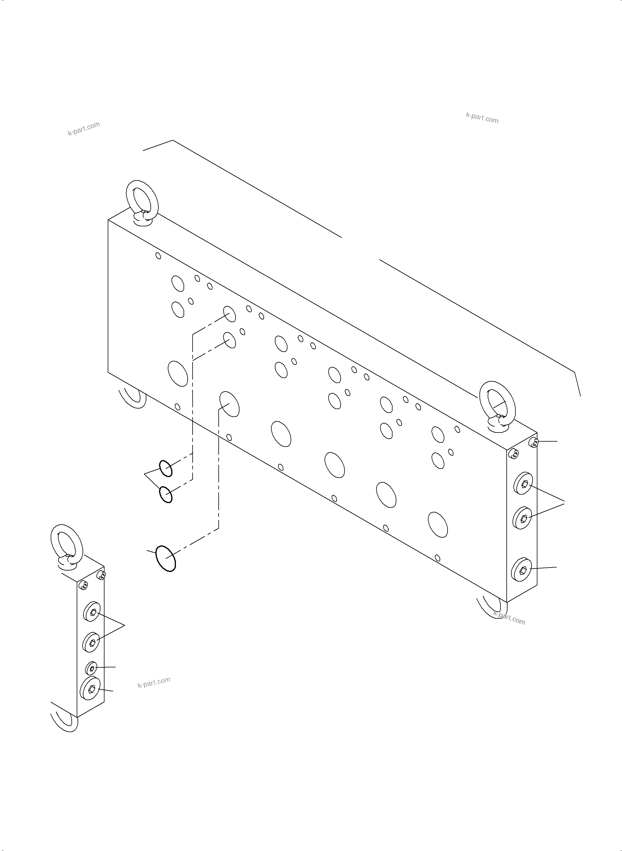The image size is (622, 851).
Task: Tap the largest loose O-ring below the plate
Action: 166,558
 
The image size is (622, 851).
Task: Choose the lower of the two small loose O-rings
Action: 166,495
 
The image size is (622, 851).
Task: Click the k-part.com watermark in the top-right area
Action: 482,118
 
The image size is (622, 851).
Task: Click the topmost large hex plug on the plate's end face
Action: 524,483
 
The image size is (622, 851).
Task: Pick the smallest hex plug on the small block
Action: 92,668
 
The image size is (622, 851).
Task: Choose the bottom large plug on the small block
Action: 90,689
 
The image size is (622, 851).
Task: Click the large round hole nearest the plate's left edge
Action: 178,373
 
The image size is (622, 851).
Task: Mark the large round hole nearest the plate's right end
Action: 438,524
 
